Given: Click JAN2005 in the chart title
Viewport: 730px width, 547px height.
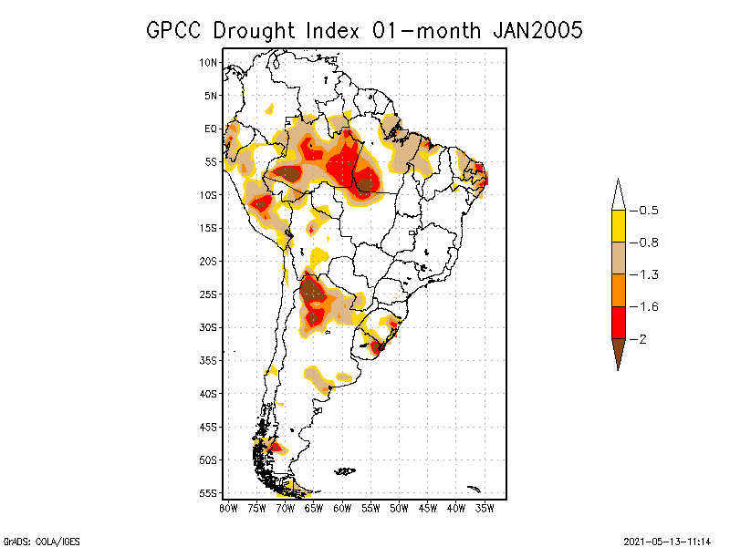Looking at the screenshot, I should (x=537, y=30).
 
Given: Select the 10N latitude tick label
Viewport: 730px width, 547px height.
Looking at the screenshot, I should (x=209, y=62).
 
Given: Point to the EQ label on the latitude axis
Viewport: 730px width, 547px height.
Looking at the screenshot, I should (x=211, y=129).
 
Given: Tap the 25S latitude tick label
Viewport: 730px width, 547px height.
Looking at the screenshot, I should (x=209, y=294).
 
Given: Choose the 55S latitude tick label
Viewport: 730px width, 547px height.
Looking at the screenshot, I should (x=209, y=492).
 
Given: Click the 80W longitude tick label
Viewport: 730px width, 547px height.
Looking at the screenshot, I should (x=228, y=508).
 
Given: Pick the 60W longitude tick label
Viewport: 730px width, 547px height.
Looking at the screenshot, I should (x=342, y=508).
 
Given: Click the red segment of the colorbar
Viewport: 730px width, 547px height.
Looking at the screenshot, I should (x=618, y=322).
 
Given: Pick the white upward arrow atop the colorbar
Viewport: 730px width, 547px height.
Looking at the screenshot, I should (x=618, y=195).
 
